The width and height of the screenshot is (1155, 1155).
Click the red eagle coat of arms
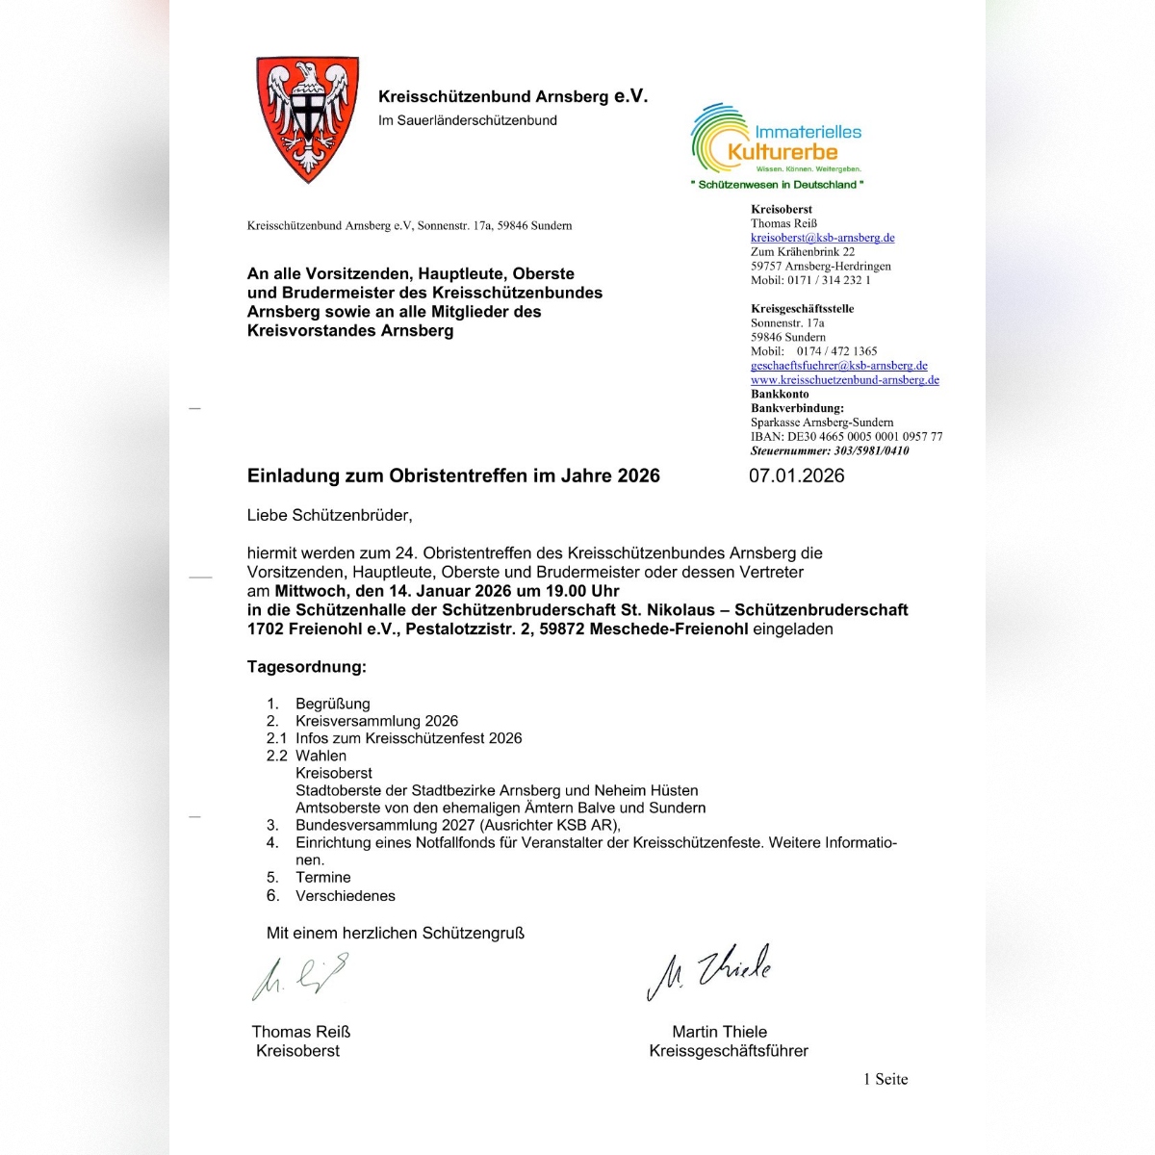pos(307,117)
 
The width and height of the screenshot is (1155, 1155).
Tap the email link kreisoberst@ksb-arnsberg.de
pos(822,238)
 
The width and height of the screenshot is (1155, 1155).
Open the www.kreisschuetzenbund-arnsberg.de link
pos(844,380)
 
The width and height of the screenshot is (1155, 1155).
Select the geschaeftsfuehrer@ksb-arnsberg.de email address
pos(838,366)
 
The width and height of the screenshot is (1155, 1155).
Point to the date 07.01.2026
pos(796,475)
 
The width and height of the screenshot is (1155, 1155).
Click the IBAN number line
pos(846,437)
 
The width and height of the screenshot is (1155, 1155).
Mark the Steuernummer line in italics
pos(829,450)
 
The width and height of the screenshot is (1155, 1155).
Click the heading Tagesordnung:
pos(306,667)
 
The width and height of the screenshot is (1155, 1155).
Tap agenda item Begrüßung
pos(332,704)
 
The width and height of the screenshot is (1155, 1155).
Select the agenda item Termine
pos(322,877)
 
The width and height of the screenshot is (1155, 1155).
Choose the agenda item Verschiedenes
pos(345,895)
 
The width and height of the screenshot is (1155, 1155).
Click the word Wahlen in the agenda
pos(321,756)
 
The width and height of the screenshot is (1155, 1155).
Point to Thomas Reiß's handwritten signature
pos(299,977)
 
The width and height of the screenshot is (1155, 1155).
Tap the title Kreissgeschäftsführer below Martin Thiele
pos(728,1050)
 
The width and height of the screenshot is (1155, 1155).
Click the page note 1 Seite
pos(885,1079)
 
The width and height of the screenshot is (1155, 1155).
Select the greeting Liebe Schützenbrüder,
pos(329,515)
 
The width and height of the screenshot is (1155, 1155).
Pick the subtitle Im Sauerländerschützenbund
pos(467,120)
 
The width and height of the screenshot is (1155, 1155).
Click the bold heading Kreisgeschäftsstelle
pos(802,309)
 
